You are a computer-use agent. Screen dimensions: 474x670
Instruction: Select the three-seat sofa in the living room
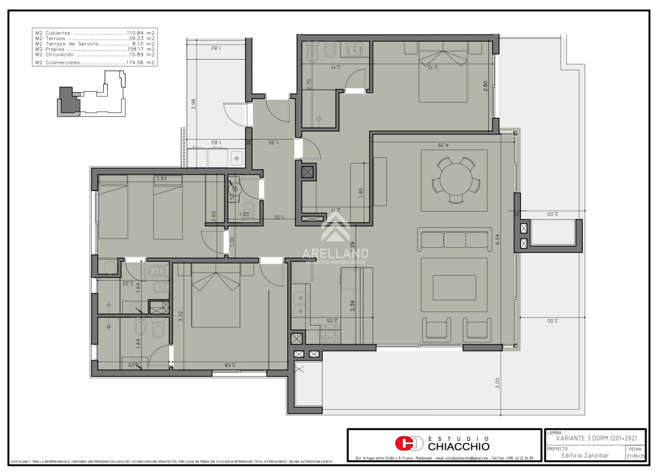[454, 240]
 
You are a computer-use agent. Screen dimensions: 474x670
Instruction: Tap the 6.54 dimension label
[497, 239]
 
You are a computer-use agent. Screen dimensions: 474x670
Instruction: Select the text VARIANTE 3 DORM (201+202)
[596, 438]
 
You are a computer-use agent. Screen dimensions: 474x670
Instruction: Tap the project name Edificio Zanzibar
[585, 455]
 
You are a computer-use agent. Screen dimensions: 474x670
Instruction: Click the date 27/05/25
[636, 456]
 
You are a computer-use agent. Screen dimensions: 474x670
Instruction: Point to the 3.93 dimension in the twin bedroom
[161, 179]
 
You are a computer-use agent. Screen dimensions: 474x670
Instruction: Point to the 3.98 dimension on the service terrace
[193, 104]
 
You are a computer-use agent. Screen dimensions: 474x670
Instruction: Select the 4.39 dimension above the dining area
[444, 146]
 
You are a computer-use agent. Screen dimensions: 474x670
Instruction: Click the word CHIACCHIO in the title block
[458, 447]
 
